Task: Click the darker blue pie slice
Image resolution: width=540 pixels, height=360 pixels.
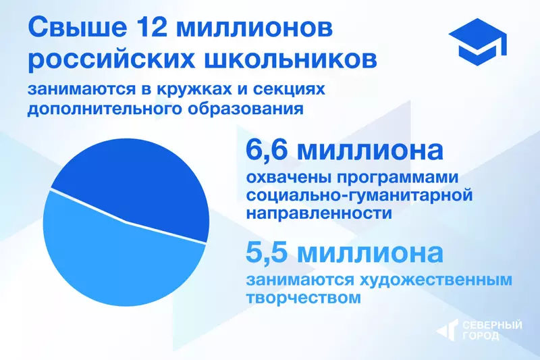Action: tap(135, 182)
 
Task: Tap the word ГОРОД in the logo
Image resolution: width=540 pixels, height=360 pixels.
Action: tap(481, 336)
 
